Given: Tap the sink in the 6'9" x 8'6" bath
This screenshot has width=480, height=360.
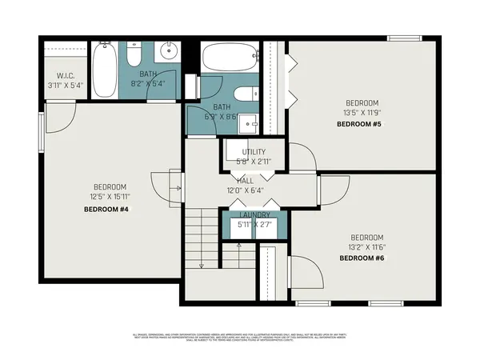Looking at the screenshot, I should (250, 123).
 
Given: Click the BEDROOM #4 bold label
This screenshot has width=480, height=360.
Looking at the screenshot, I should (106, 209).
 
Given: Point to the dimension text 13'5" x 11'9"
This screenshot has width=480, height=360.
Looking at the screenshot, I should (362, 113).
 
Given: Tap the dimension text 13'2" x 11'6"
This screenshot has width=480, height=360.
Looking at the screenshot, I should (366, 247).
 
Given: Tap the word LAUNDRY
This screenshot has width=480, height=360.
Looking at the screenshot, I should (254, 215).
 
